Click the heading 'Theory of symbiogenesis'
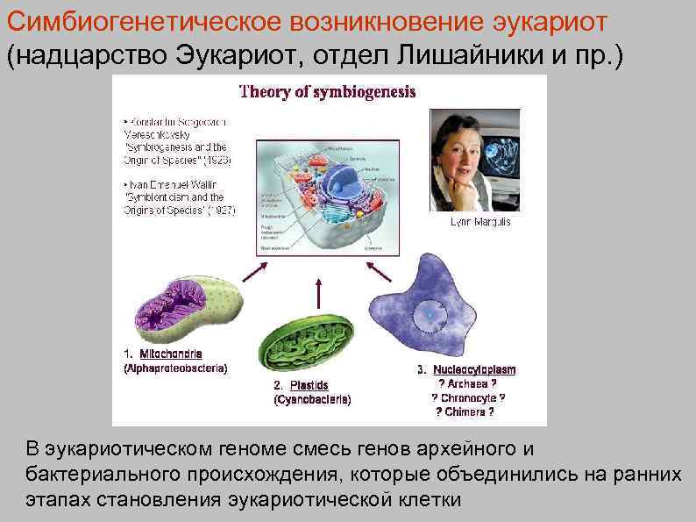click(328, 91)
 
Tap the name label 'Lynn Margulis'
click(479, 223)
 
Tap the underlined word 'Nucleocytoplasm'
click(473, 370)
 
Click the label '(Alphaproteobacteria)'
click(174, 368)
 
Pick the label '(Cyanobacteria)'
click(312, 400)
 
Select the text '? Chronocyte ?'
click(468, 397)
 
